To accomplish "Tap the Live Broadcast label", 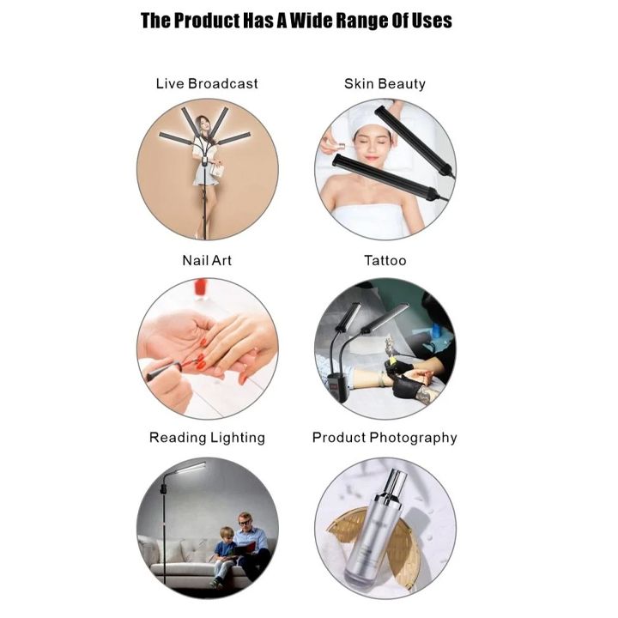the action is pyautogui.click(x=207, y=83).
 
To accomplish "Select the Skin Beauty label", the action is pyautogui.click(x=385, y=83).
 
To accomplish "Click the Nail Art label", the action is pyautogui.click(x=207, y=261).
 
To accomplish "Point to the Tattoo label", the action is pyautogui.click(x=385, y=261).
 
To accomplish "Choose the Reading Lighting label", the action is pyautogui.click(x=207, y=438).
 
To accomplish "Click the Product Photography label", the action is pyautogui.click(x=385, y=438).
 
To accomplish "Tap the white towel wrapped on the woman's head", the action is pyautogui.click(x=368, y=118).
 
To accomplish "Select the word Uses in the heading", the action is pyautogui.click(x=432, y=21).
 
